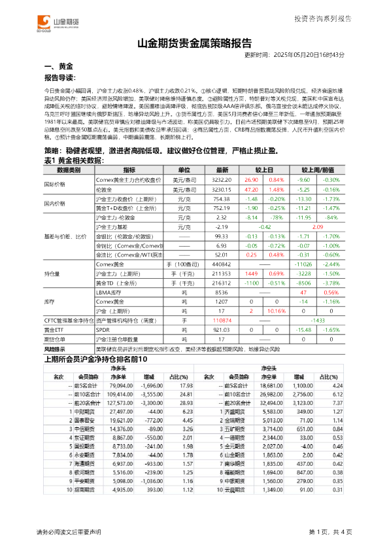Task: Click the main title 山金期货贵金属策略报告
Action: coord(194,44)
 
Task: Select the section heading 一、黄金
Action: coord(57,67)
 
